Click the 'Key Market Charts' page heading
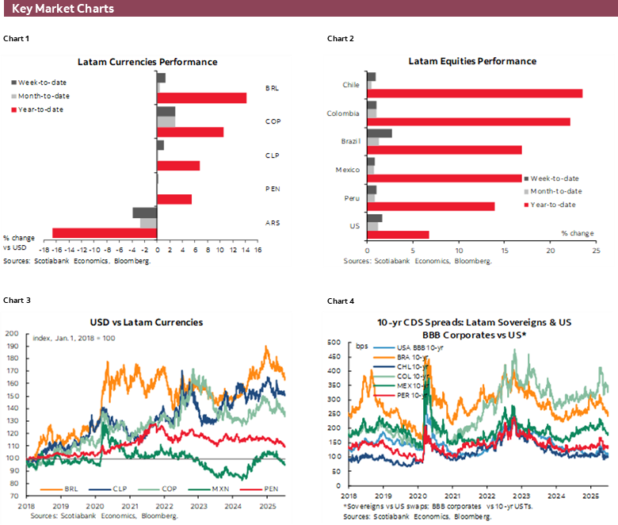coord(63,9)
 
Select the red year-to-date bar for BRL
coord(201,98)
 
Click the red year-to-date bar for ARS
coord(105,232)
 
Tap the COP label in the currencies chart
coord(272,122)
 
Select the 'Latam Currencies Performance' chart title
coord(147,62)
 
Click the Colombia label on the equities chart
coord(344,113)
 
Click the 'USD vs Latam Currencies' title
coord(147,322)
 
